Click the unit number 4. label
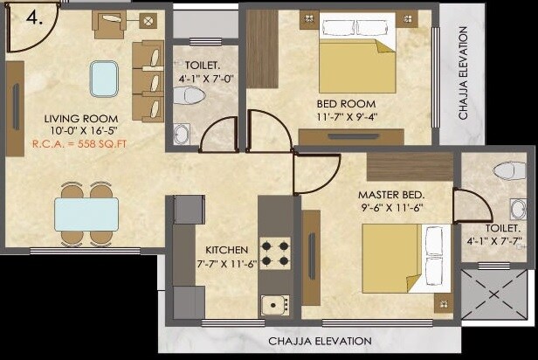coord(32,17)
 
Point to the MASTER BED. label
coord(390,193)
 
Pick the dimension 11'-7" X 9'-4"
coord(345,115)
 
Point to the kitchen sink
coord(274,305)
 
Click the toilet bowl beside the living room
coord(187,94)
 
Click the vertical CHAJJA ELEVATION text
coord(465,73)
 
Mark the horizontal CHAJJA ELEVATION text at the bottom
coord(320,341)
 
